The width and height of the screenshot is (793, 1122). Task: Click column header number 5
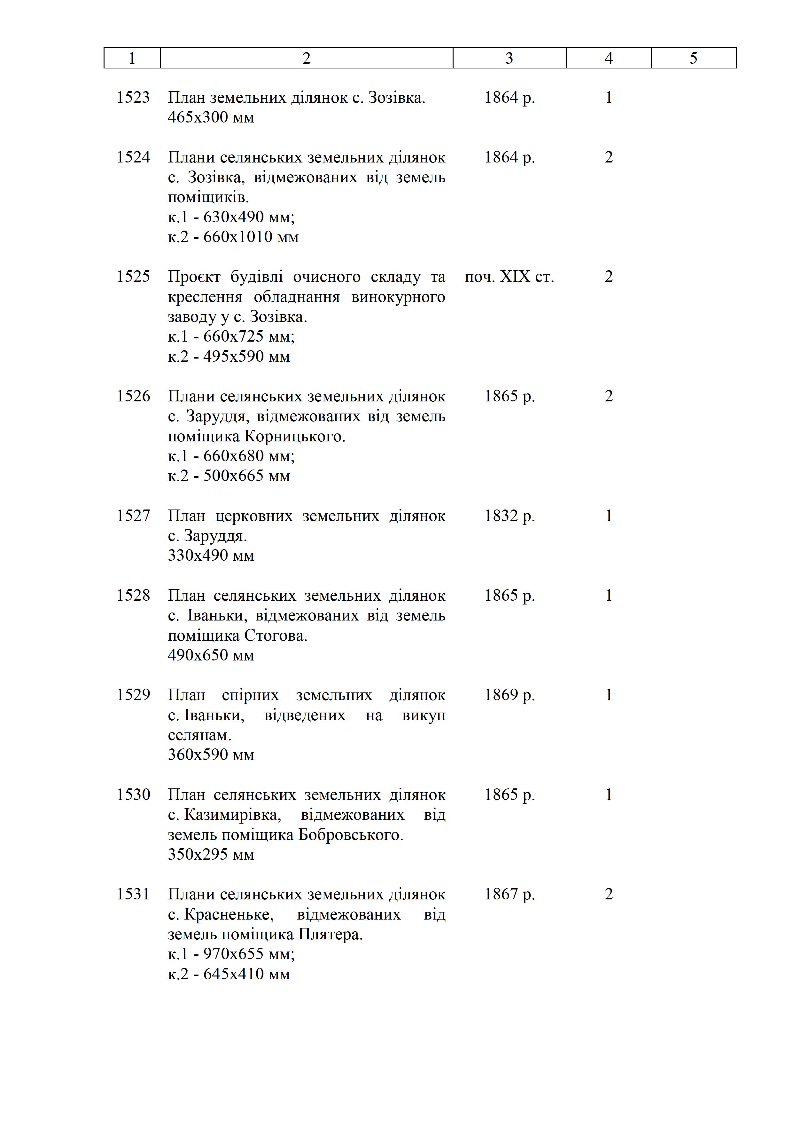point(693,58)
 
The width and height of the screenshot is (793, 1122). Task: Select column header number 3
point(509,58)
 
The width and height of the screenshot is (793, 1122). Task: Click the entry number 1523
point(133,97)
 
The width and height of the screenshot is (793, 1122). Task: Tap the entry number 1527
point(133,516)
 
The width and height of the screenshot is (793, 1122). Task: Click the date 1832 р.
point(509,516)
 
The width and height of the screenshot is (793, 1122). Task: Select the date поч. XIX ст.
point(509,277)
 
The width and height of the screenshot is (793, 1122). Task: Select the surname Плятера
point(330,934)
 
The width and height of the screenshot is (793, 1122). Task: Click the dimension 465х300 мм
point(211,117)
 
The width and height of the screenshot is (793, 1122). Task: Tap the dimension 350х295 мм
point(211,854)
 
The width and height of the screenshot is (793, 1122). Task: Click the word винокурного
point(398,296)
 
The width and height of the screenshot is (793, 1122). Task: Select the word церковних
point(254,516)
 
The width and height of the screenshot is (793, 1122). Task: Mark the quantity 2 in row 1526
point(609,396)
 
